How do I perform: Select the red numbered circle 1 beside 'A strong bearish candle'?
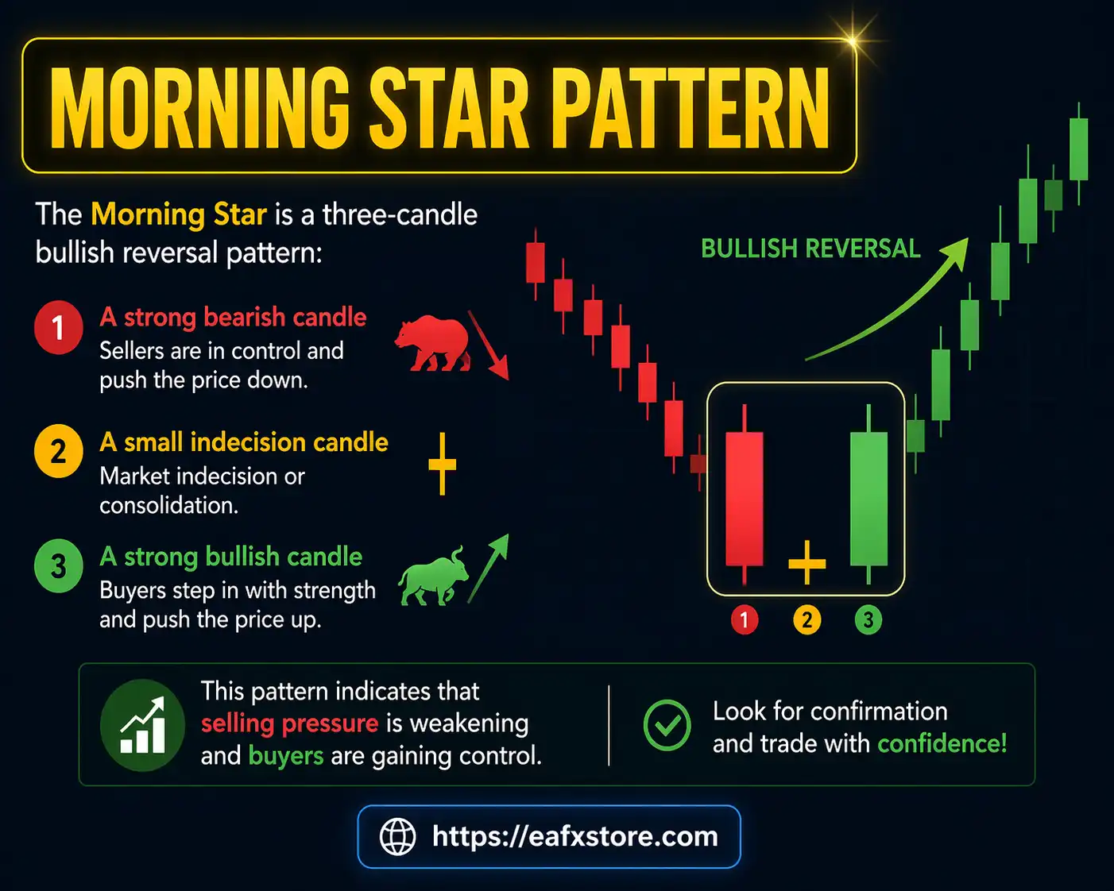(58, 327)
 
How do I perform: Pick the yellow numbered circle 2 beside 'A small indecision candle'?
(58, 452)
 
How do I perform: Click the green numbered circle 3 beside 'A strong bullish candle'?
(58, 566)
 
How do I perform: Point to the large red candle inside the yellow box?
(745, 498)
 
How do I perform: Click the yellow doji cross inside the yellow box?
(806, 562)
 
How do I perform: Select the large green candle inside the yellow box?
(868, 498)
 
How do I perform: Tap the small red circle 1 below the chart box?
(745, 619)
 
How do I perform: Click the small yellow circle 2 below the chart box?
(806, 619)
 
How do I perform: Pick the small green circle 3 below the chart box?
(868, 619)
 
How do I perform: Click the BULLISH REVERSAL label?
(810, 249)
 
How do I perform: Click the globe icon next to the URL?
(397, 836)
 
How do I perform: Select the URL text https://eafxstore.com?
(574, 836)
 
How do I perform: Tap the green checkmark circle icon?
(667, 725)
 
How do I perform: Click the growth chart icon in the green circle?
(143, 725)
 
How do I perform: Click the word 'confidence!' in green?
(942, 743)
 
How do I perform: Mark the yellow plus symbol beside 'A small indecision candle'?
(442, 464)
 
